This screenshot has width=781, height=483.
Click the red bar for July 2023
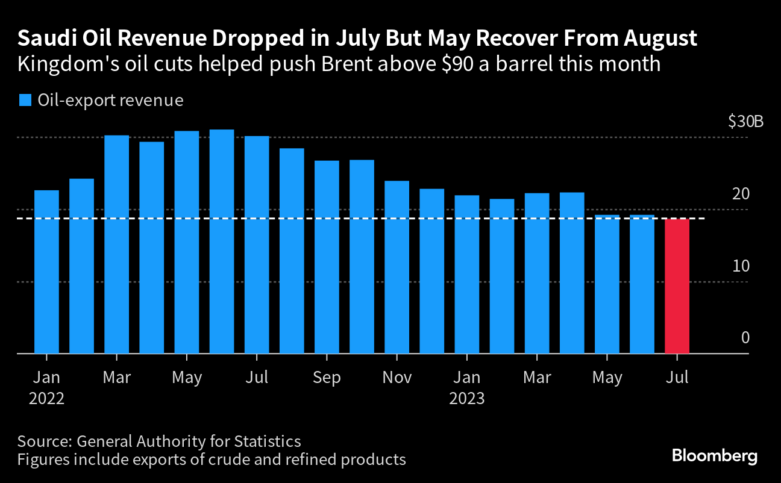pyautogui.click(x=677, y=286)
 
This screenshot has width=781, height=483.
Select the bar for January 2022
pyautogui.click(x=46, y=272)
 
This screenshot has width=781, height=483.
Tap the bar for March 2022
pyautogui.click(x=116, y=245)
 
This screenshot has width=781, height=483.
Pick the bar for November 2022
pyautogui.click(x=397, y=267)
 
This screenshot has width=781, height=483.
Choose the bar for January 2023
pyautogui.click(x=467, y=275)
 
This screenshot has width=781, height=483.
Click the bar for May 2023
pyautogui.click(x=607, y=284)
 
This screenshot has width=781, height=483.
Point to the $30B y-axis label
pyautogui.click(x=745, y=122)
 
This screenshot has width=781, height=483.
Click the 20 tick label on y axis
pyautogui.click(x=741, y=195)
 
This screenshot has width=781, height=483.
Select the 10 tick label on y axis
pyautogui.click(x=741, y=266)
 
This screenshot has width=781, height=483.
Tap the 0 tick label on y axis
pyautogui.click(x=745, y=338)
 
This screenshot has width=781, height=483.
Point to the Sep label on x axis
pyautogui.click(x=327, y=378)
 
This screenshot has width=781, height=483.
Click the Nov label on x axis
pyautogui.click(x=397, y=378)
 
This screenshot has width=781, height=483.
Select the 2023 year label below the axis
pyautogui.click(x=467, y=398)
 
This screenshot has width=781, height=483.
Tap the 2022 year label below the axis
pyautogui.click(x=46, y=398)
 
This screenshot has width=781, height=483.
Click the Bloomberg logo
pyautogui.click(x=714, y=456)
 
